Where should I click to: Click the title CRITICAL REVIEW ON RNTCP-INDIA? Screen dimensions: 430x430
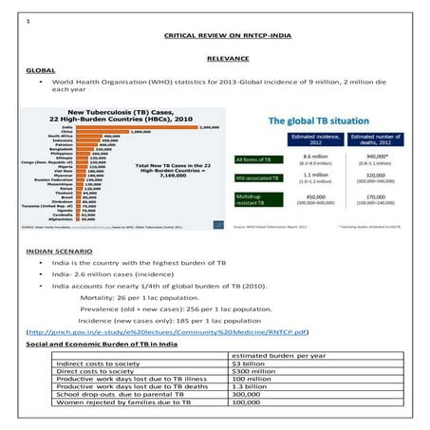[x=215, y=33]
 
